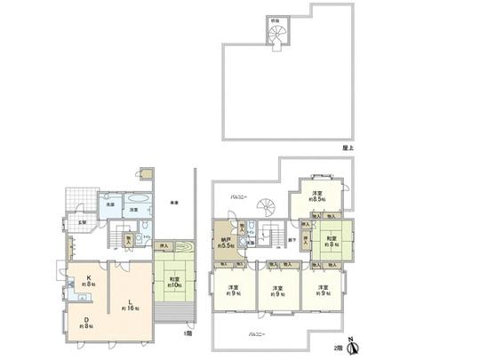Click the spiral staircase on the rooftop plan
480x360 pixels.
278,36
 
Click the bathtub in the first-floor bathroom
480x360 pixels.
139,200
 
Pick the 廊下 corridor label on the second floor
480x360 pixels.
292,239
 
